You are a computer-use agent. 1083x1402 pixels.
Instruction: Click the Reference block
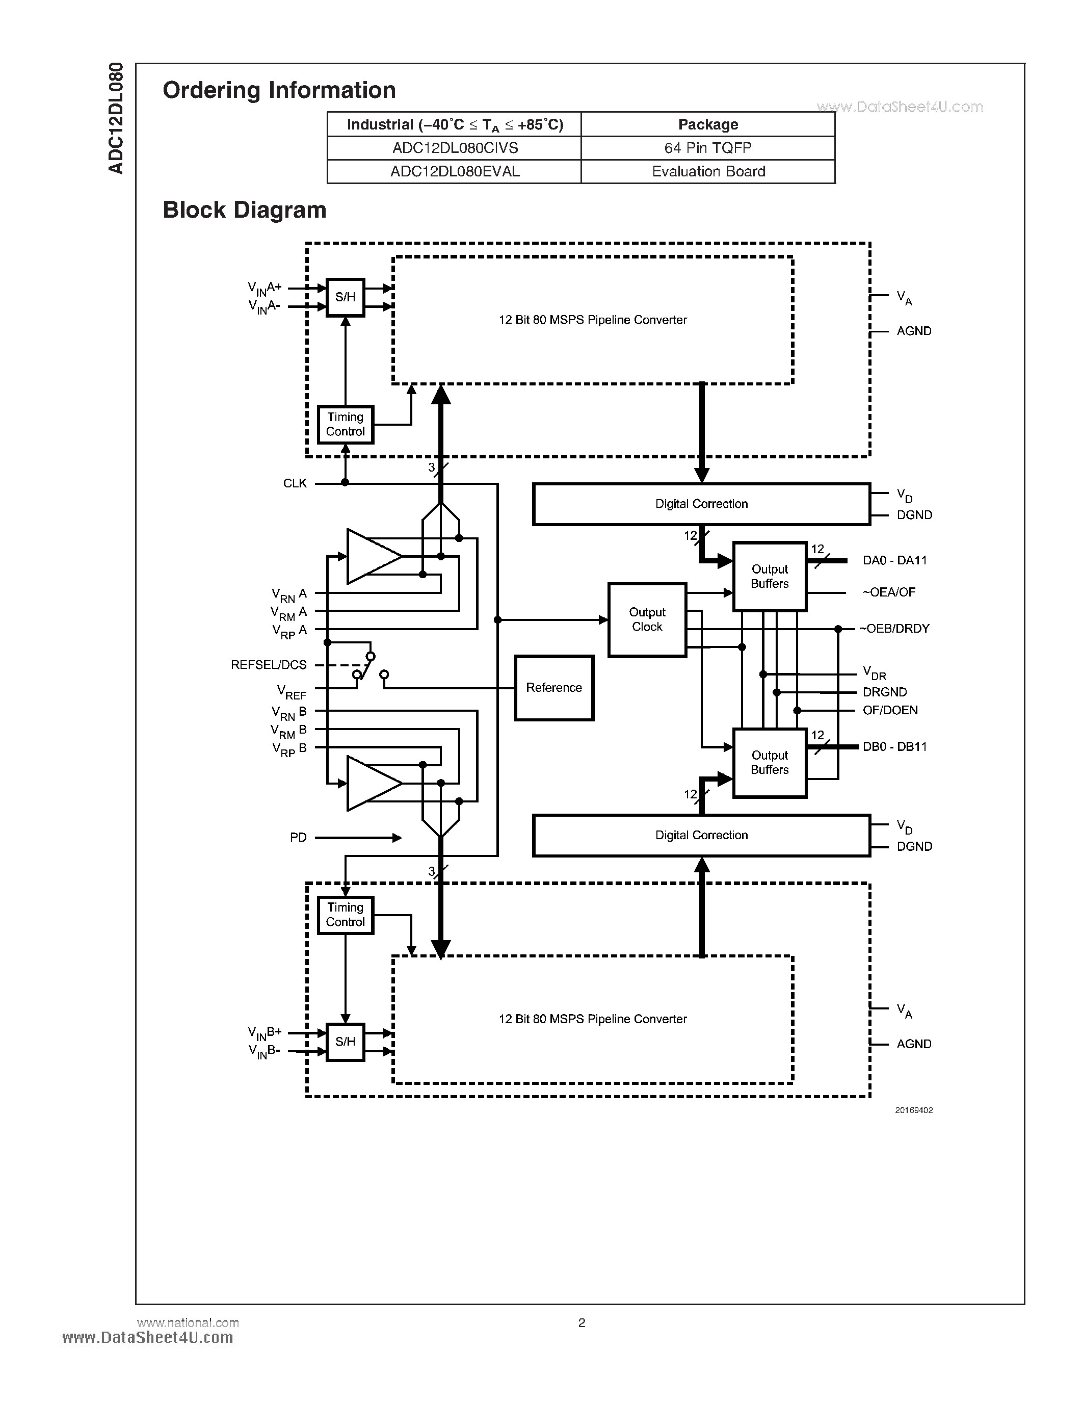click(x=553, y=688)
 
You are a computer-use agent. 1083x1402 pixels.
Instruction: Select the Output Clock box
click(x=647, y=619)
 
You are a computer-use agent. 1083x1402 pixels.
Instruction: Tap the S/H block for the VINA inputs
click(x=345, y=297)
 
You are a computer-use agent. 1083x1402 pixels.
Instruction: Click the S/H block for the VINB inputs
click(x=345, y=1041)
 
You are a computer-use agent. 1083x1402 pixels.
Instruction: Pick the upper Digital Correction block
click(x=701, y=504)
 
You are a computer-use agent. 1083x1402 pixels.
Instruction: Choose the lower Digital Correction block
click(x=701, y=835)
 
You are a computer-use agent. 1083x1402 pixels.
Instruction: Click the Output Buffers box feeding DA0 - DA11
click(x=769, y=577)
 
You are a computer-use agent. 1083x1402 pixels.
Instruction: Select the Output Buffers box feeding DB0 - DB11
click(x=769, y=763)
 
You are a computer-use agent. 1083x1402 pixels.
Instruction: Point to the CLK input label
click(x=295, y=483)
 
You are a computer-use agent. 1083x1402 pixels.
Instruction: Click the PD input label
click(x=298, y=838)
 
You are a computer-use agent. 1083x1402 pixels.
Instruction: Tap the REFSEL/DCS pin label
click(x=269, y=665)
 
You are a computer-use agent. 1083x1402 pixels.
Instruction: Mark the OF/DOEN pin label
click(x=890, y=710)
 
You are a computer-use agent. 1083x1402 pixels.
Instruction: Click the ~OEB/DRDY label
click(x=894, y=629)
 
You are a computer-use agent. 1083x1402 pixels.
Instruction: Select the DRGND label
click(x=885, y=692)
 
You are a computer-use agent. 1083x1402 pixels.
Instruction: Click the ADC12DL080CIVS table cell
click(x=455, y=148)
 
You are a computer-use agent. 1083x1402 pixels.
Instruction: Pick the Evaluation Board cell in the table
click(x=708, y=172)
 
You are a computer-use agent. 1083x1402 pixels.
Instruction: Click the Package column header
click(x=708, y=124)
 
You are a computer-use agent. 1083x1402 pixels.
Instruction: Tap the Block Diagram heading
click(x=245, y=210)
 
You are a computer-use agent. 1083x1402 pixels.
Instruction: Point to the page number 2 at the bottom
click(x=582, y=1322)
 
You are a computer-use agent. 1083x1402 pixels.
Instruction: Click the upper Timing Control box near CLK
click(x=345, y=424)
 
